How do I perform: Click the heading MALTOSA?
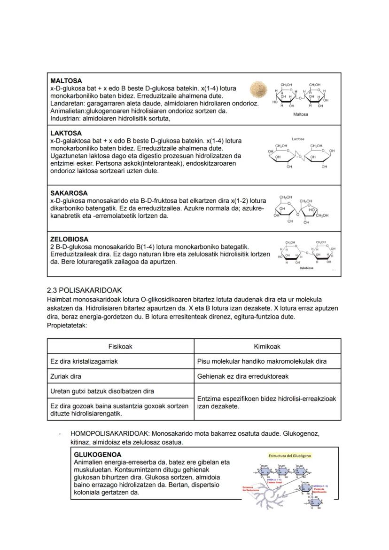click(66, 81)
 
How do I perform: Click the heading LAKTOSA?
click(66, 133)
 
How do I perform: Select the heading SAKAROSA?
click(69, 193)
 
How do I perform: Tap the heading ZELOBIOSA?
click(69, 239)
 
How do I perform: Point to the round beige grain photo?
click(258, 88)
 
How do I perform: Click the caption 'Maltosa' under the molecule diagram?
click(301, 114)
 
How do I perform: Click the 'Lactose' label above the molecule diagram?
click(298, 139)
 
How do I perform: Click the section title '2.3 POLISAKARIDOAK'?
click(84, 290)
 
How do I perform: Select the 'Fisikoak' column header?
click(120, 346)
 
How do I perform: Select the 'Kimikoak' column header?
click(267, 346)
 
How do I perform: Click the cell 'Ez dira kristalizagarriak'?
click(84, 361)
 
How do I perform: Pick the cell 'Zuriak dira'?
click(66, 376)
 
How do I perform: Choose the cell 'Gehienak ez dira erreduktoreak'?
click(243, 376)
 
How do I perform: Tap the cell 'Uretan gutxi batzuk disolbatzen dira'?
click(102, 391)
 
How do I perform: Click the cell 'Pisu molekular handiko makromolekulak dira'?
click(262, 361)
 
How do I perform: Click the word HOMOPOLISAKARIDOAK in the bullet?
click(110, 433)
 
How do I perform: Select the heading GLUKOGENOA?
click(98, 454)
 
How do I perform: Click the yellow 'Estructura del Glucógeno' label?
click(289, 455)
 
